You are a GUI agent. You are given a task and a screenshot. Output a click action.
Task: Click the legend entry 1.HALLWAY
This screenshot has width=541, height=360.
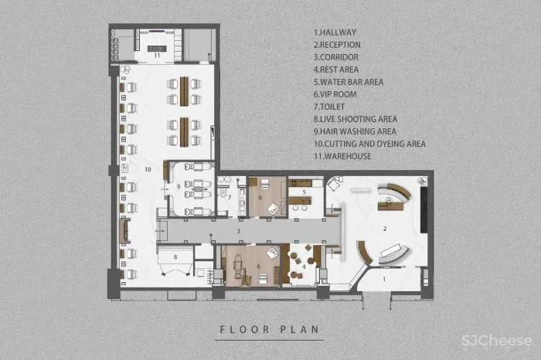(335, 32)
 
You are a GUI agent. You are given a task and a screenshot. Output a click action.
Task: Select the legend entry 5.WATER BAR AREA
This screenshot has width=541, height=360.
(349, 82)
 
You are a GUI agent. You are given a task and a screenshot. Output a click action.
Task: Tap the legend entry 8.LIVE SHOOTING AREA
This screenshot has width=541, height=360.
(356, 119)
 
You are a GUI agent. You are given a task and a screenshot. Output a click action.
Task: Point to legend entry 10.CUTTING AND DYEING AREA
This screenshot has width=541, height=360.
(369, 144)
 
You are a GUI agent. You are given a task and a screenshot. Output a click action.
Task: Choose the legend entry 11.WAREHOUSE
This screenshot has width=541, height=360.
(342, 156)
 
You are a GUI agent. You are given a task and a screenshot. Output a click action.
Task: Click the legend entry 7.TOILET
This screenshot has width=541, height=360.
(328, 107)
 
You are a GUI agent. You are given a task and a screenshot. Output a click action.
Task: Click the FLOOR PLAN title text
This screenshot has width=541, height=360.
(270, 329)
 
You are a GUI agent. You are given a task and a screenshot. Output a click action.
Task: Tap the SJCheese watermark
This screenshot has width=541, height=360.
(496, 341)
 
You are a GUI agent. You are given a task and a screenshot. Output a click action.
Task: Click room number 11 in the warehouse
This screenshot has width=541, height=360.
(157, 55)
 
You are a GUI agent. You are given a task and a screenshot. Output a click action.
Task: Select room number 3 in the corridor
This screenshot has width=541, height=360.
(238, 231)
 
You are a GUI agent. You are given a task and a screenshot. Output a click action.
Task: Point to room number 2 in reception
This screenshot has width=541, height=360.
(385, 229)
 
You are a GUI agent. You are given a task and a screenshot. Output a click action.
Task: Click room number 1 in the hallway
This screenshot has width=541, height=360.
(384, 279)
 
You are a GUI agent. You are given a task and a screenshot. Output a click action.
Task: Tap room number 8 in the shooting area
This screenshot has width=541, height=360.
(175, 257)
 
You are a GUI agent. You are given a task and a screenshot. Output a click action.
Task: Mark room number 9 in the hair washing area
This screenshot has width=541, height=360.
(179, 186)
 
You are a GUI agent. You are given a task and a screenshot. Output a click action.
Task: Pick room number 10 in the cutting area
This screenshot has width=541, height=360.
(148, 169)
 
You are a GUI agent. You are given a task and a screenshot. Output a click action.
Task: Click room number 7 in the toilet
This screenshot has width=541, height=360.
(230, 198)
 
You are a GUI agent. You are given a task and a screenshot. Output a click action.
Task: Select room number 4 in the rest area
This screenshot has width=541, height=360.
(304, 267)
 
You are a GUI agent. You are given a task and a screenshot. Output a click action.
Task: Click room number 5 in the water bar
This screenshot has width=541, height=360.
(304, 192)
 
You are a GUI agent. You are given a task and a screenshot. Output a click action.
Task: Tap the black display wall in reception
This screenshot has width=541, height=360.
(424, 209)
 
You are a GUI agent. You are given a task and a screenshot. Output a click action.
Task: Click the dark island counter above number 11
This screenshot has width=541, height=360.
(157, 49)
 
